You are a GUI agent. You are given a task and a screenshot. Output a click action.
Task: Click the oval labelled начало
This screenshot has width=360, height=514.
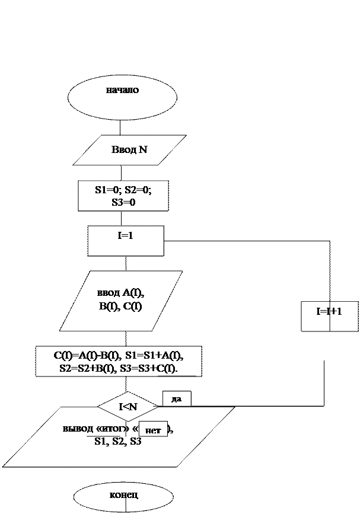click(123, 95)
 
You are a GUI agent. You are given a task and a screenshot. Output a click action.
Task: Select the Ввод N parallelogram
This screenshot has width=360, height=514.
click(129, 150)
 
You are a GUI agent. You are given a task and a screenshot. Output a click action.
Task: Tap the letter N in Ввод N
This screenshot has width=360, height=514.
click(143, 150)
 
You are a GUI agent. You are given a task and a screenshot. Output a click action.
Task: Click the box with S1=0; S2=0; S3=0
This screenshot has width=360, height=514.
click(123, 196)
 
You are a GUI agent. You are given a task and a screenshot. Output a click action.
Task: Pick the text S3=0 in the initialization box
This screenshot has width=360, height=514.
click(123, 202)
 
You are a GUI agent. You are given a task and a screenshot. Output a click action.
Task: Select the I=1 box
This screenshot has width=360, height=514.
click(125, 240)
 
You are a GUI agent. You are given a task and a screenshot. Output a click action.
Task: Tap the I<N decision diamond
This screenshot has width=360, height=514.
click(129, 407)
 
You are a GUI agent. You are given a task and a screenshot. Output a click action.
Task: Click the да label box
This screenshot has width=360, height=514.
click(176, 399)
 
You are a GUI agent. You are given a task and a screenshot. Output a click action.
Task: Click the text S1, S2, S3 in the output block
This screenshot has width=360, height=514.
click(117, 442)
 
